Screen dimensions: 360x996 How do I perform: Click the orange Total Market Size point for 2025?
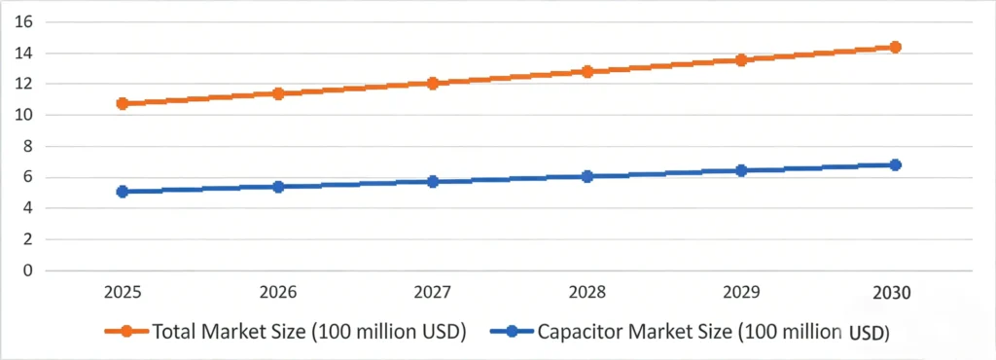tap(123, 103)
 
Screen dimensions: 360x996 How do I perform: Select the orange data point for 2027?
tap(433, 84)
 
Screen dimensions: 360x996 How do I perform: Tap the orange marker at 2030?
tap(895, 47)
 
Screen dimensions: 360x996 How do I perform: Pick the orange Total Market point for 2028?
tap(587, 72)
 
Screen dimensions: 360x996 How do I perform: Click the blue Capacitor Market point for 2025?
tap(123, 192)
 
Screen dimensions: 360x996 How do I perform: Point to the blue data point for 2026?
tap(278, 187)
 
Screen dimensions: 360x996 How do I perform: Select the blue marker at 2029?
tap(741, 170)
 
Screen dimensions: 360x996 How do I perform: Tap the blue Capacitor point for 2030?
tap(895, 165)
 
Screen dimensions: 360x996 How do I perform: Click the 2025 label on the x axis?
tap(123, 292)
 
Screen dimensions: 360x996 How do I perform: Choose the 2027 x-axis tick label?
tap(433, 292)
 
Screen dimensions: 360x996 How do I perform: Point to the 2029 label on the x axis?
tap(741, 292)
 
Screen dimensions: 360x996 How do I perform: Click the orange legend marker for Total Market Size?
tap(126, 332)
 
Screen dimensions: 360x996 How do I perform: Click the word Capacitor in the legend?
tap(585, 332)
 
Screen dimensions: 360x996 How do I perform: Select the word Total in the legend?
tap(175, 332)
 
